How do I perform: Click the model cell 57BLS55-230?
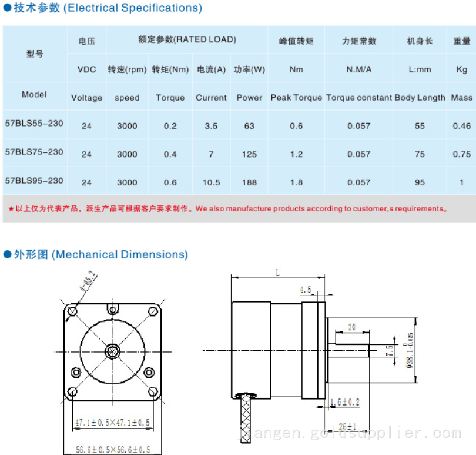click(34, 124)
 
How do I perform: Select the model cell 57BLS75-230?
click(34, 152)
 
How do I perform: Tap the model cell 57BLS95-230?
click(34, 180)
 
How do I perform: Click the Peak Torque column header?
click(296, 98)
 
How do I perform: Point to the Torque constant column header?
click(358, 98)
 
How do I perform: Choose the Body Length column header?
click(420, 98)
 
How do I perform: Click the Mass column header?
click(461, 98)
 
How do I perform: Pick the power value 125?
click(249, 154)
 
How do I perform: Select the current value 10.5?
click(211, 182)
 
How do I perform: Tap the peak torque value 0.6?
click(296, 126)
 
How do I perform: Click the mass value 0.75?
click(461, 154)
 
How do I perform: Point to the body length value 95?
click(420, 182)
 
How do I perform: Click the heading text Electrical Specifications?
click(133, 8)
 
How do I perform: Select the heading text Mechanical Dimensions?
click(120, 255)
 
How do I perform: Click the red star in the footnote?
click(11, 208)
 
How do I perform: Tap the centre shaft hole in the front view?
click(112, 352)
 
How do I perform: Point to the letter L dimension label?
click(277, 271)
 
